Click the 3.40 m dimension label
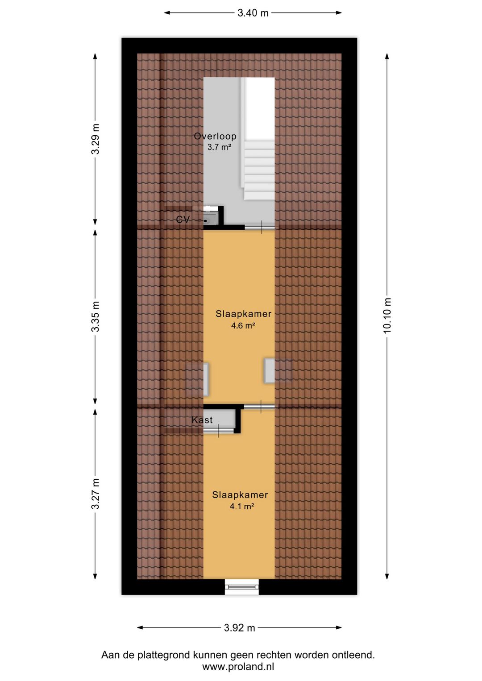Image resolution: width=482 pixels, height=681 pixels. [x=253, y=13]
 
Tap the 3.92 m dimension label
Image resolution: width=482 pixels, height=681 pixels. [x=239, y=628]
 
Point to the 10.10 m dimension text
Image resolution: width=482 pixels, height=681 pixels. [x=387, y=315]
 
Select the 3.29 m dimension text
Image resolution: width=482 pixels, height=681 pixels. [x=95, y=139]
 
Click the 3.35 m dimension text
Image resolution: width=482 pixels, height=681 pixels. [x=95, y=316]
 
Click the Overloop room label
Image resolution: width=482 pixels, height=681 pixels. [x=215, y=136]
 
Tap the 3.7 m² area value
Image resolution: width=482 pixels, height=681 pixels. [x=220, y=147]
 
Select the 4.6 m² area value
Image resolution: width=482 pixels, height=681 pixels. [x=243, y=326]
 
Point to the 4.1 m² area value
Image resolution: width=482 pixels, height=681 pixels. [x=242, y=506]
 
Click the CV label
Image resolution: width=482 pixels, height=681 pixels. [x=183, y=219]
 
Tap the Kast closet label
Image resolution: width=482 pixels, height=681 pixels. [x=202, y=420]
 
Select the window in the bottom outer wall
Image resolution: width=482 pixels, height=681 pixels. [x=242, y=587]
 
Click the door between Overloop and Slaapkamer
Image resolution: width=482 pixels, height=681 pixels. [x=260, y=227]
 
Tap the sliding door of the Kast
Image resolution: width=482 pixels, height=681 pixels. [x=218, y=431]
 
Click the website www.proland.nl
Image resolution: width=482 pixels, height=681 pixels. [x=238, y=667]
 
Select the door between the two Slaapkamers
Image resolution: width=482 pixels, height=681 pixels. [x=259, y=406]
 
